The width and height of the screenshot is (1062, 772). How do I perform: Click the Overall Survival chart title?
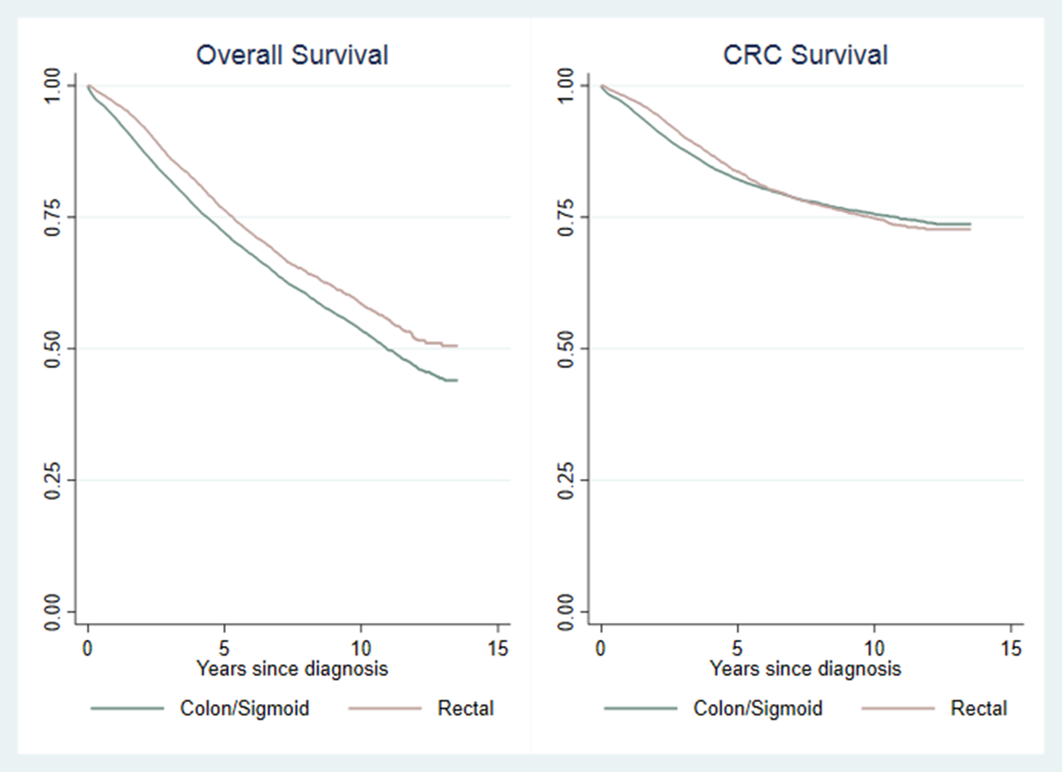(292, 55)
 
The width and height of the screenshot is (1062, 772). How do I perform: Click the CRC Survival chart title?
(805, 55)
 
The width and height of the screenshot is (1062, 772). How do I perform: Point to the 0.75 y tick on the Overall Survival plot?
(53, 217)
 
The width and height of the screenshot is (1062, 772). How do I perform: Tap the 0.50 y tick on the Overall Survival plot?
(53, 348)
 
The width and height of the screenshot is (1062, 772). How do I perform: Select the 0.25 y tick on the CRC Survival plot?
(566, 480)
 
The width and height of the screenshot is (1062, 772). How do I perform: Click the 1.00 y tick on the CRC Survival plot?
(566, 85)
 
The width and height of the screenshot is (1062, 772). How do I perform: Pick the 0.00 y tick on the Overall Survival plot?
(53, 611)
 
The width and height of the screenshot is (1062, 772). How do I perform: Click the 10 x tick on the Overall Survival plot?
(361, 648)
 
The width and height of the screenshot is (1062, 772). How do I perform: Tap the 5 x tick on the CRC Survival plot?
(737, 648)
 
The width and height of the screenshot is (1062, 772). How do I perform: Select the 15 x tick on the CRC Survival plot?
(1011, 648)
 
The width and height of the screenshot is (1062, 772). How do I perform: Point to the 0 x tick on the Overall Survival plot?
(88, 648)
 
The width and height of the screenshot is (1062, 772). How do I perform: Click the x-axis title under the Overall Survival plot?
(292, 669)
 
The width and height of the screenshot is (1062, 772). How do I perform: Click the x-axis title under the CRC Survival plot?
(805, 669)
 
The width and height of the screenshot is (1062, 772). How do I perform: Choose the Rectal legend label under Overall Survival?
(466, 708)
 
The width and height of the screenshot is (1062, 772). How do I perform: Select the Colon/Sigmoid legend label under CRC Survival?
(758, 708)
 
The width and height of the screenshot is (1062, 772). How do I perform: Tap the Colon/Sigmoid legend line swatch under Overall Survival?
(127, 708)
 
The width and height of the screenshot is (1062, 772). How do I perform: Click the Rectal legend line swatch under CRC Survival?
(899, 708)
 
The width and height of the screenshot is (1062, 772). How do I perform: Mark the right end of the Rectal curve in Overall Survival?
(457, 346)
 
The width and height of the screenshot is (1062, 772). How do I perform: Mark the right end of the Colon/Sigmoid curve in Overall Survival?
(457, 380)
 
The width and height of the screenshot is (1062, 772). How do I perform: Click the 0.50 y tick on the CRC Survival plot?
(566, 348)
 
